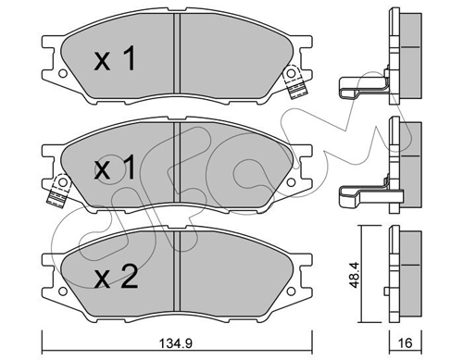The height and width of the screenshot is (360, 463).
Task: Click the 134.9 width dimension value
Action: pos(176,343)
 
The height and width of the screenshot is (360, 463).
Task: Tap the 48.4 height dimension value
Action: pos(355,275)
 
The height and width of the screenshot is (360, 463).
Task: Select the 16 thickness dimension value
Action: pos(406,342)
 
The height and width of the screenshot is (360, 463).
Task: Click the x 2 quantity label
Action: pos(116,277)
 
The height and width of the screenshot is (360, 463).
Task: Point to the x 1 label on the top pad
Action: pos(115,58)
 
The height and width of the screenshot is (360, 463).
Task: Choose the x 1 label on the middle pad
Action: pos(115,168)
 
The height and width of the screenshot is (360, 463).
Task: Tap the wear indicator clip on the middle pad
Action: pos(58,190)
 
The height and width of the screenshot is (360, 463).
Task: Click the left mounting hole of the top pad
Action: pos(63,74)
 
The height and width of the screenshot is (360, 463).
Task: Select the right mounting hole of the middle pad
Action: pos(291,182)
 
